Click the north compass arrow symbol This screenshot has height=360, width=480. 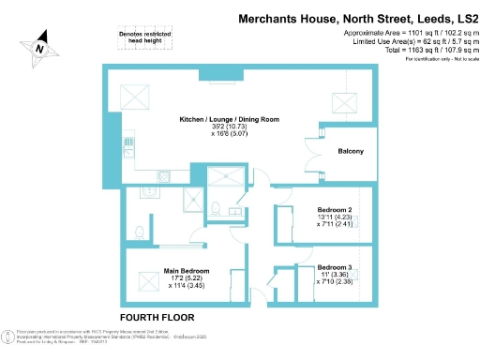39,43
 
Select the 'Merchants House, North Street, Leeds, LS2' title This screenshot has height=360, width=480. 357,17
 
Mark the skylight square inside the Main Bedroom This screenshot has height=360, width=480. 147,278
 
